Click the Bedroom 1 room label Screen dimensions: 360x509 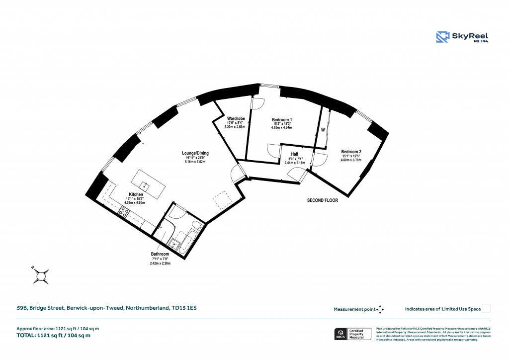(x=281, y=120)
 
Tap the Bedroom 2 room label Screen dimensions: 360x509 (x=351, y=152)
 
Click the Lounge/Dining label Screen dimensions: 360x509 (x=195, y=154)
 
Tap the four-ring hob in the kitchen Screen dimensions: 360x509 (x=124, y=212)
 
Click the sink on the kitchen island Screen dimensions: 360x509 (x=145, y=184)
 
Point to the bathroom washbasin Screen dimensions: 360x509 (x=175, y=244)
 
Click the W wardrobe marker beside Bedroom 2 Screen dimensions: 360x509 (x=323, y=130)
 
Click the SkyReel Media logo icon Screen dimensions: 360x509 (x=443, y=37)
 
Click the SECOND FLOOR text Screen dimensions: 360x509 (x=322, y=200)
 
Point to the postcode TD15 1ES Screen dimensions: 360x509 (x=184, y=308)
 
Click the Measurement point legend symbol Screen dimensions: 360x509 (x=380, y=309)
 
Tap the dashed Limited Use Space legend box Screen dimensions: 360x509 (x=487, y=309)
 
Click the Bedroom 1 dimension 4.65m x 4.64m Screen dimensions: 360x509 (x=281, y=128)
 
